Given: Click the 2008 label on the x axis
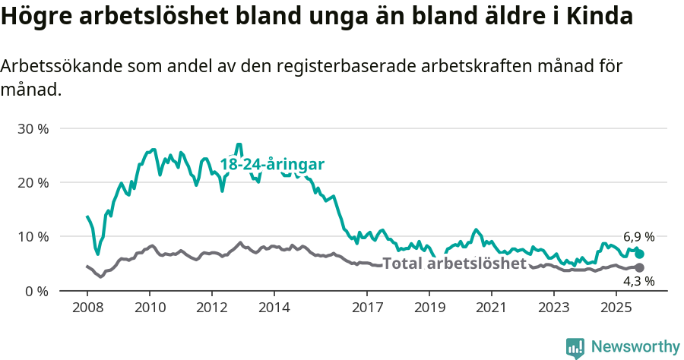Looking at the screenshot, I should click(87, 308).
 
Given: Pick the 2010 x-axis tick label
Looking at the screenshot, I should click(150, 308).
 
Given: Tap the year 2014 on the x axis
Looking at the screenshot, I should click(274, 308).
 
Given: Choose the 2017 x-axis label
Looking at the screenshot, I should click(367, 308).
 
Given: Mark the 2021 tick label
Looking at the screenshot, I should click(491, 308).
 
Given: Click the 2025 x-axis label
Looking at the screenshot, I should click(615, 308).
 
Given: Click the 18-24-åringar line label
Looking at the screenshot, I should click(272, 165).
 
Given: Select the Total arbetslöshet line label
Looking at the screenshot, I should click(454, 264).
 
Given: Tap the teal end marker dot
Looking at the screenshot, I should click(640, 254).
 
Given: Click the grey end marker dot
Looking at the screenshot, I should click(640, 267).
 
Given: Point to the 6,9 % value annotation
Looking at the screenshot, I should click(638, 237).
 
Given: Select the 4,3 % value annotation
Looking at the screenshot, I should click(638, 282).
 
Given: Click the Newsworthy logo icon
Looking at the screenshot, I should click(575, 347).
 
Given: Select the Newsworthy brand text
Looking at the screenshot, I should click(635, 347).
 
